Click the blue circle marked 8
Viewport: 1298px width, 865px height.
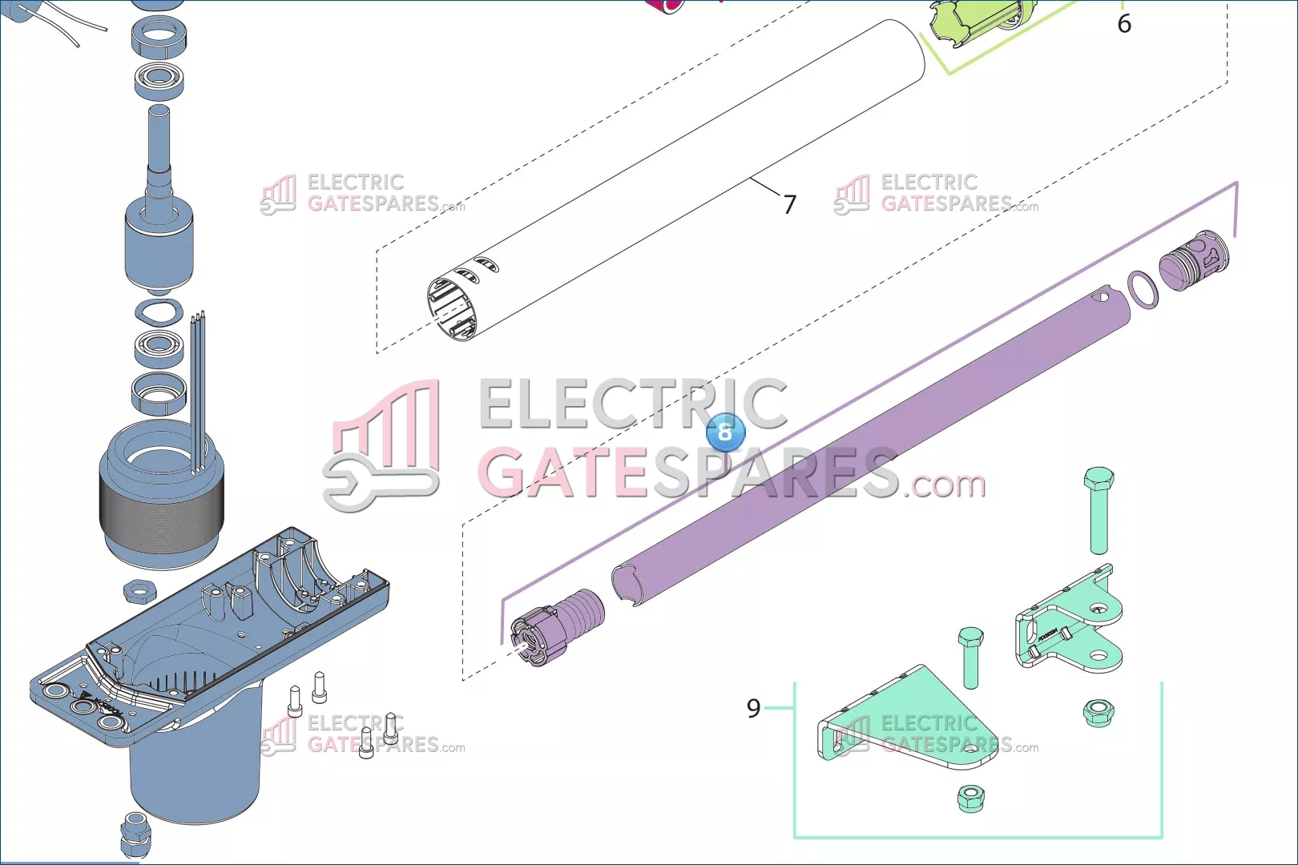(x=725, y=432)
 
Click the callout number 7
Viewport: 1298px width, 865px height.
(x=790, y=205)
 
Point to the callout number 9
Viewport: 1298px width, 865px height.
(x=753, y=708)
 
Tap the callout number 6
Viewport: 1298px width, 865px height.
(x=1124, y=24)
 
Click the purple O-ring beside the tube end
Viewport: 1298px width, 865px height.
(x=1143, y=289)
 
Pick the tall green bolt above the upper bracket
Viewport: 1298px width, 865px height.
(x=1098, y=509)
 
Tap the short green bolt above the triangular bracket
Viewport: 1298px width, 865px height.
(x=970, y=657)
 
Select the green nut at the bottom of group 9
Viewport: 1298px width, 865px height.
(x=970, y=798)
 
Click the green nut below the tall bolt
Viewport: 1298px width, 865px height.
(x=1098, y=712)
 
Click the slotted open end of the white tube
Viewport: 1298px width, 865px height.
(x=453, y=308)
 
